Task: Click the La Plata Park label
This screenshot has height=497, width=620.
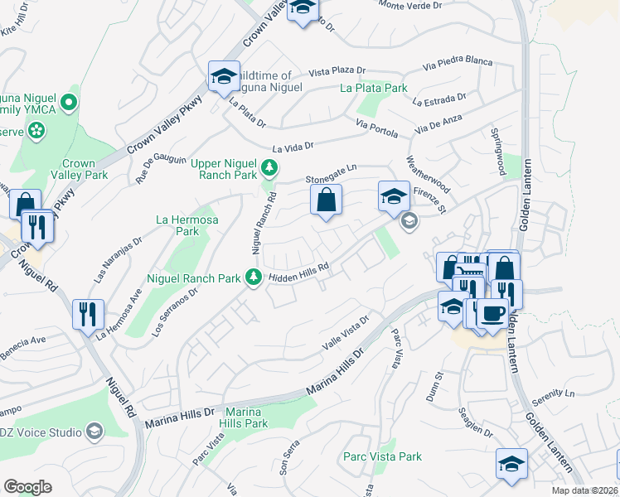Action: [x=374, y=88]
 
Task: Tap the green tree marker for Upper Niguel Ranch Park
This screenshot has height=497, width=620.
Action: [x=269, y=169]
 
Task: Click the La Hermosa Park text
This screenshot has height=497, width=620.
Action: [x=187, y=225]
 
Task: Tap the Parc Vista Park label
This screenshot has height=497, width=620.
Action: [x=383, y=456]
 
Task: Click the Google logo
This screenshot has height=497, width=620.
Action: [x=27, y=486]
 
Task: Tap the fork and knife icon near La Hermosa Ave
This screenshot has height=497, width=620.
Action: [x=89, y=314]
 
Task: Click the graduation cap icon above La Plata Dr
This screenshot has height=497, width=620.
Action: [x=222, y=78]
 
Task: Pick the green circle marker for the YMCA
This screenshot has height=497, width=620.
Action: [x=68, y=104]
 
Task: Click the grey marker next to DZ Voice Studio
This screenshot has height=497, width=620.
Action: [x=94, y=432]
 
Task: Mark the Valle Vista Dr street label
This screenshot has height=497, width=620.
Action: [x=344, y=332]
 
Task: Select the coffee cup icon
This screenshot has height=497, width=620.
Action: [x=492, y=314]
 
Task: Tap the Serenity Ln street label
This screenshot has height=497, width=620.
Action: [x=554, y=396]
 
